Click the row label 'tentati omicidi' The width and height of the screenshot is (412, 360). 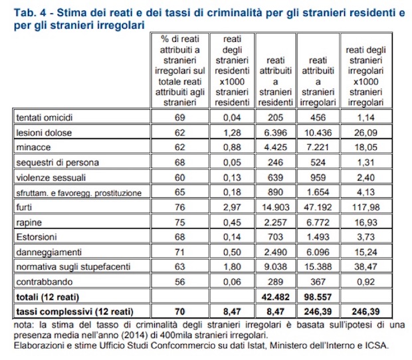pyautogui.click(x=44, y=118)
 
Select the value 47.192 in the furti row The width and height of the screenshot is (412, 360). pyautogui.click(x=318, y=207)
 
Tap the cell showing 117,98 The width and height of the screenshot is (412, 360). pyautogui.click(x=365, y=207)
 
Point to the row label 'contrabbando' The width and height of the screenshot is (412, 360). pyautogui.click(x=44, y=282)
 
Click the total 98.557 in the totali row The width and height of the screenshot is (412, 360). pyautogui.click(x=318, y=297)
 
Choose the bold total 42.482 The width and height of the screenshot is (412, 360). pyautogui.click(x=275, y=297)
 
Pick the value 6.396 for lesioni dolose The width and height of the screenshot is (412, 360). pyautogui.click(x=275, y=133)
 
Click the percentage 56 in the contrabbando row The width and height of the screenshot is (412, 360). pyautogui.click(x=179, y=282)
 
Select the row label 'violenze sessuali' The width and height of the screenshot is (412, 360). pyautogui.click(x=51, y=177)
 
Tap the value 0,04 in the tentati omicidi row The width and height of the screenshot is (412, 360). pyautogui.click(x=232, y=118)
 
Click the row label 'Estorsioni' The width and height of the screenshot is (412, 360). pyautogui.click(x=37, y=237)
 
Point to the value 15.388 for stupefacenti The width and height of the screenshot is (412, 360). pyautogui.click(x=318, y=267)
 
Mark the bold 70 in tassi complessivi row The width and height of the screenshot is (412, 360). pyautogui.click(x=179, y=312)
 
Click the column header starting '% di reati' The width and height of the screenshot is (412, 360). pyautogui.click(x=179, y=70)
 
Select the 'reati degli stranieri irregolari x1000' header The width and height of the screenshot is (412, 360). pyautogui.click(x=365, y=76)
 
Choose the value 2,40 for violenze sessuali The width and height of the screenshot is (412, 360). pyautogui.click(x=365, y=177)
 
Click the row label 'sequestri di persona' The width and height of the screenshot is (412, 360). pyautogui.click(x=58, y=163)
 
